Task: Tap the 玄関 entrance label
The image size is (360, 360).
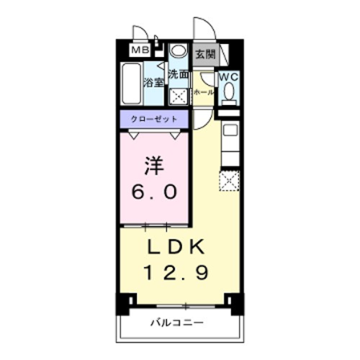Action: click(205, 55)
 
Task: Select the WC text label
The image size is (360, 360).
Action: click(229, 78)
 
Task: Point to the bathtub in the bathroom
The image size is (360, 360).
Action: click(131, 85)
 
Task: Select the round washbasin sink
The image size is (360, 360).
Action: click(178, 51)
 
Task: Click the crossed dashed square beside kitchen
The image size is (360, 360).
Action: click(231, 182)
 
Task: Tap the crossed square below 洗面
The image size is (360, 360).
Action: click(178, 96)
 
